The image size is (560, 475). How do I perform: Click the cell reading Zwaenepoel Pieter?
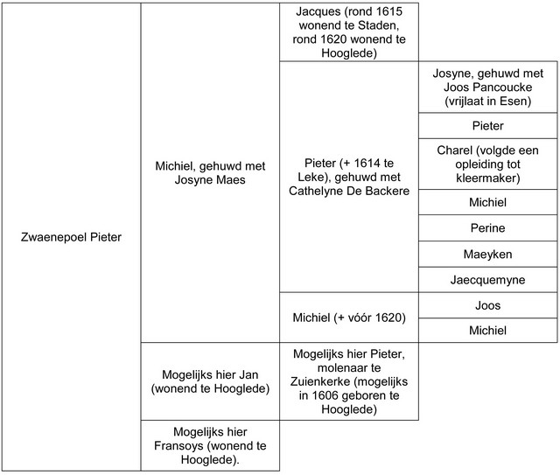coord(70,236)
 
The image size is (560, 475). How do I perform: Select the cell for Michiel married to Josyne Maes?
coord(210,172)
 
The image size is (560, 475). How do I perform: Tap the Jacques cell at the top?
coord(349,31)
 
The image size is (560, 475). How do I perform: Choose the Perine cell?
coord(488,228)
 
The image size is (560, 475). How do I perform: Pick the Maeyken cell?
coord(488,254)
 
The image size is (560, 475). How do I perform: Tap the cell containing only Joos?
coord(488,305)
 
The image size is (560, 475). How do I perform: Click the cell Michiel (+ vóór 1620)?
coord(349,318)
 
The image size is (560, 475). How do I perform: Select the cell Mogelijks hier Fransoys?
coord(210,446)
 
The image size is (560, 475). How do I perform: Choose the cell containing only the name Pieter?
coord(488,126)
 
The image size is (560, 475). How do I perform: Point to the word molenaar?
coord(325,367)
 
